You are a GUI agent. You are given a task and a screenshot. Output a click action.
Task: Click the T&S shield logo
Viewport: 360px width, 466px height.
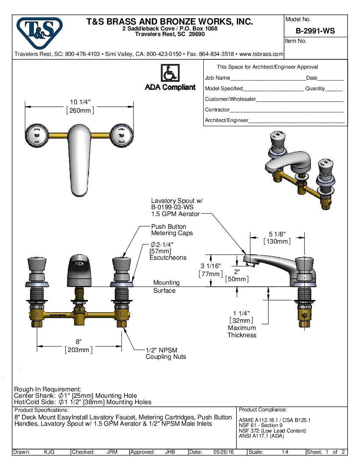[39, 33]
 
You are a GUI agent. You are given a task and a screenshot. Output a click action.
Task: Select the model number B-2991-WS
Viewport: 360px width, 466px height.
[315, 31]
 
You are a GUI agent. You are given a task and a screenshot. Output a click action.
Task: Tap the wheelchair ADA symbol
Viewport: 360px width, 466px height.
[170, 73]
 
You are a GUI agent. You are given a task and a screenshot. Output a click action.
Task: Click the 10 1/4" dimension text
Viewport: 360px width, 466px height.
[80, 102]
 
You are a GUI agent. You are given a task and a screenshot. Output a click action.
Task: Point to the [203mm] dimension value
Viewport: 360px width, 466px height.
[79, 349]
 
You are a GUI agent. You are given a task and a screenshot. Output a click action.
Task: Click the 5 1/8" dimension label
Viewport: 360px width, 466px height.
[277, 233]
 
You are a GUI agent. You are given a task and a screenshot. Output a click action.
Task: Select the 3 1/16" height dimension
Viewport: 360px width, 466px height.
[210, 266]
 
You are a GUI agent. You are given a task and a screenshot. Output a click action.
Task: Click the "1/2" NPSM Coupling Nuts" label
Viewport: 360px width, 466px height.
[166, 353]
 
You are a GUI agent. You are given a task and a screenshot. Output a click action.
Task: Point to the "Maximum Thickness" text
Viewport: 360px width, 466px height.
[242, 331]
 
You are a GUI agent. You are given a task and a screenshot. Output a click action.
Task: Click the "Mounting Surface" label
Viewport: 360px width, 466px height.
[166, 286]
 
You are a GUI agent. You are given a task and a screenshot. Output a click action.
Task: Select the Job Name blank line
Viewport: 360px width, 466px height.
[268, 78]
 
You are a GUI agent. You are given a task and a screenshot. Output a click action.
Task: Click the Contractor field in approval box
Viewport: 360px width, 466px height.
[286, 110]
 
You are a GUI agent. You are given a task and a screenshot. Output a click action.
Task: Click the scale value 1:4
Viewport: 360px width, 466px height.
[285, 452]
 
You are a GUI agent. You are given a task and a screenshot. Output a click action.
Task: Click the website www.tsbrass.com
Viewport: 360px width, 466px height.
[261, 54]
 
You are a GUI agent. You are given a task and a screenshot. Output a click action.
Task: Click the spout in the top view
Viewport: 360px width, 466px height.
[80, 159]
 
